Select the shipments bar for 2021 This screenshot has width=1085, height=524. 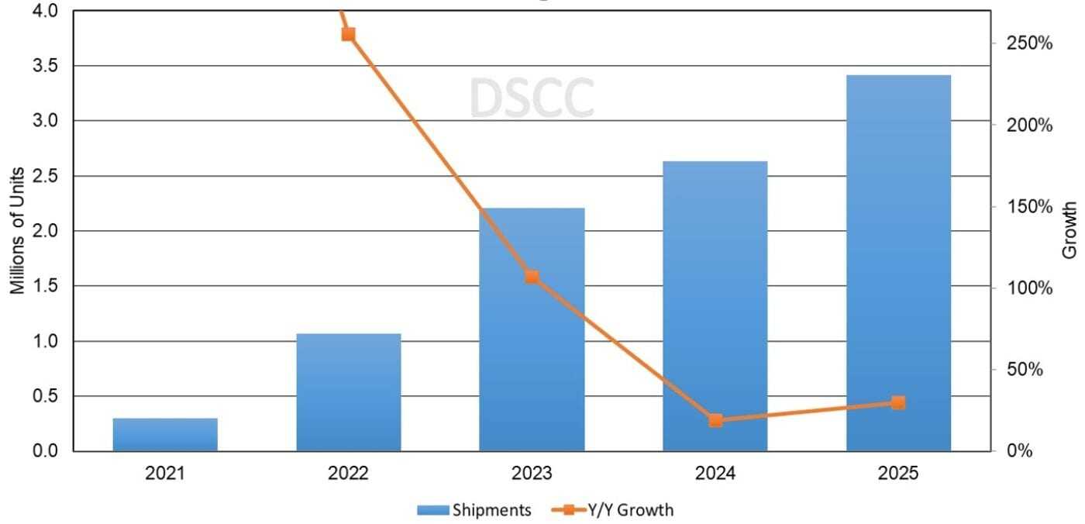(165, 435)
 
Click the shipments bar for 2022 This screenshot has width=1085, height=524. (349, 392)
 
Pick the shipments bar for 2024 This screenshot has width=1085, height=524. (715, 306)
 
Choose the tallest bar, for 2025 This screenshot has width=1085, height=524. (898, 264)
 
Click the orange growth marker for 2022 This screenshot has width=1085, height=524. (349, 34)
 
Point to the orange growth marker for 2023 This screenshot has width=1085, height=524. (532, 277)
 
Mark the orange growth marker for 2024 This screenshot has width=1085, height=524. (715, 421)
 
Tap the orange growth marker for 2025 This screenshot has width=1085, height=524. (898, 402)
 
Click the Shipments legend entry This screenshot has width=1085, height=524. (474, 510)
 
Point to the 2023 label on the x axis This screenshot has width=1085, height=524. (532, 473)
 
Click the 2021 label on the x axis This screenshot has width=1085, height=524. (165, 473)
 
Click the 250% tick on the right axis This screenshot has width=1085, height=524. (1029, 43)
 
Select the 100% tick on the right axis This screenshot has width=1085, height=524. (1029, 288)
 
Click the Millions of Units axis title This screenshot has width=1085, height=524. (17, 230)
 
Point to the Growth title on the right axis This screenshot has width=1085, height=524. (1070, 230)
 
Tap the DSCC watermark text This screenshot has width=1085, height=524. (532, 98)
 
